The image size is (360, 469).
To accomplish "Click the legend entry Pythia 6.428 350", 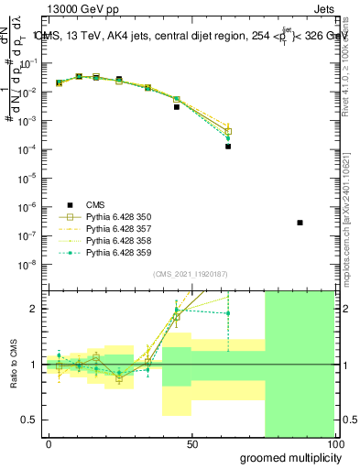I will [x=111, y=216].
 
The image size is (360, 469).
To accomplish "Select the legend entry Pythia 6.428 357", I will [x=111, y=228].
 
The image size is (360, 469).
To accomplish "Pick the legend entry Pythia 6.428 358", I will [x=111, y=240].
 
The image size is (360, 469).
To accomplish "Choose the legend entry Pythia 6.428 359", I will [x=111, y=252].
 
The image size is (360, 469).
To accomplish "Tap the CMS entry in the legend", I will [x=95, y=204].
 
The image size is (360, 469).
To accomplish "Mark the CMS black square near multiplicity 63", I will [x=228, y=147].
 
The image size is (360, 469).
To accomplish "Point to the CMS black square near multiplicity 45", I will [x=177, y=107].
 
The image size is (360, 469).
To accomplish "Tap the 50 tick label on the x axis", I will [x=192, y=443].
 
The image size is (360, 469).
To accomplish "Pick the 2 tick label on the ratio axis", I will [x=38, y=309].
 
